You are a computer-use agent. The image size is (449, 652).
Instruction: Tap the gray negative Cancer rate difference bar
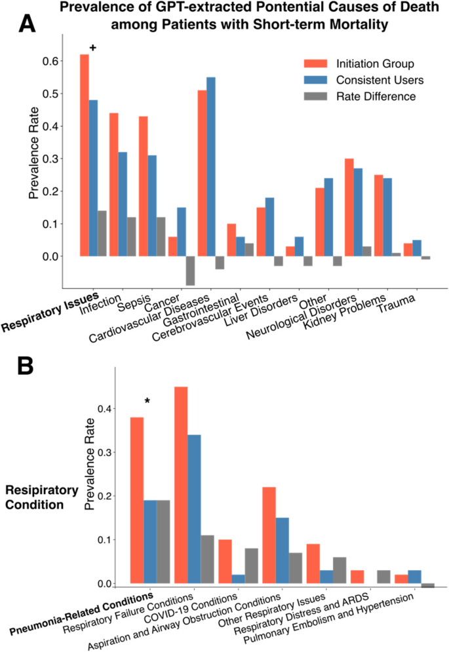click(191, 271)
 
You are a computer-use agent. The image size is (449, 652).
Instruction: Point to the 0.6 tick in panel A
click(51, 61)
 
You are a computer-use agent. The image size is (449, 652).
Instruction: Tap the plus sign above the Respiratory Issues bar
click(92, 48)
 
